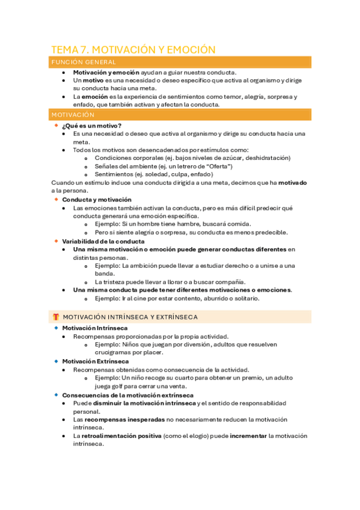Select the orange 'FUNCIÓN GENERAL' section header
(x=84, y=62)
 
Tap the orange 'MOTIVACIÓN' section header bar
(x=73, y=114)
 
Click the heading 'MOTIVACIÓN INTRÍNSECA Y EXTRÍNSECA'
(x=130, y=317)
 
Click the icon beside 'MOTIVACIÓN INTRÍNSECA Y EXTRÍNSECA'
(x=55, y=317)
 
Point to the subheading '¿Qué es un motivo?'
(x=91, y=125)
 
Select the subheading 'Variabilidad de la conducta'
(x=103, y=241)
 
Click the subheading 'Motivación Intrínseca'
(x=94, y=328)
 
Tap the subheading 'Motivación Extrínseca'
(x=95, y=361)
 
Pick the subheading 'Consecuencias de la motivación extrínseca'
(x=127, y=395)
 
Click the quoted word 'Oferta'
(x=216, y=166)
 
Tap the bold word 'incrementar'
(x=245, y=436)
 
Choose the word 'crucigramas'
(x=113, y=353)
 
